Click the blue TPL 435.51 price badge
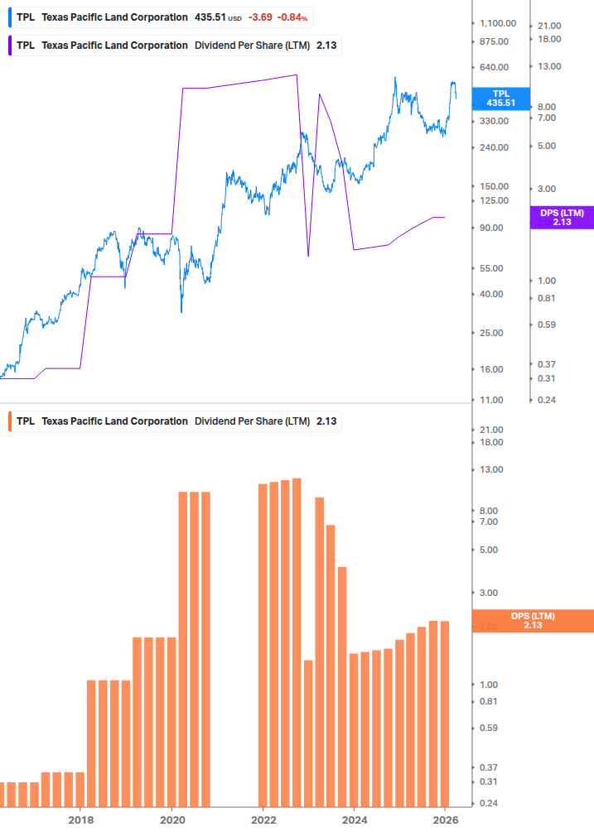coord(500,99)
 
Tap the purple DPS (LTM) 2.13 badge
coord(562,217)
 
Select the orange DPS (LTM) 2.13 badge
coord(532,621)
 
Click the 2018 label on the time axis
coord(80,820)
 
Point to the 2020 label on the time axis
coord(171,820)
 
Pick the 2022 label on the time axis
coord(263,820)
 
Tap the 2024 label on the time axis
coord(355,820)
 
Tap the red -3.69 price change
coord(262,17)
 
